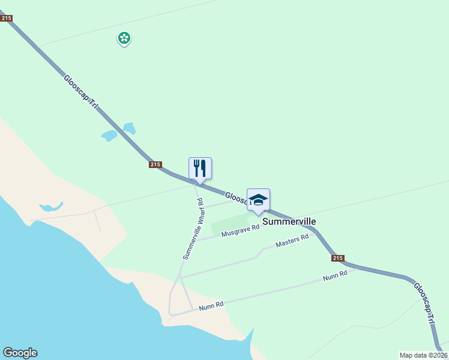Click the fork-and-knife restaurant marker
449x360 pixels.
click(200, 168)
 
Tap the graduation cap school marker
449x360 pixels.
click(258, 200)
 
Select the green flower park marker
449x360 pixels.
click(124, 38)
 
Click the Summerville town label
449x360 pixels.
click(289, 221)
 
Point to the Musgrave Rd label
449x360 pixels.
click(240, 230)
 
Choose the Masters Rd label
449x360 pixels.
click(292, 241)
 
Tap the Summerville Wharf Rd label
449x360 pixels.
click(194, 229)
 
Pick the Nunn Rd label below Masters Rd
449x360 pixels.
click(334, 276)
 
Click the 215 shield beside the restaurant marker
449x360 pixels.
click(155, 164)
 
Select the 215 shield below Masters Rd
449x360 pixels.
click(338, 258)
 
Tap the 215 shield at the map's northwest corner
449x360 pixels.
click(7, 19)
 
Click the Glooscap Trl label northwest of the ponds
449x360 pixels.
click(80, 92)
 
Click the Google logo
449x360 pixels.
click(20, 353)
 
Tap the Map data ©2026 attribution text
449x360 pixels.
click(423, 355)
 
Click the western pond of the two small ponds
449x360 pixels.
click(109, 136)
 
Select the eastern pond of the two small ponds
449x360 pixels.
click(129, 128)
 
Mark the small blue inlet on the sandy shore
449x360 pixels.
click(50, 208)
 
